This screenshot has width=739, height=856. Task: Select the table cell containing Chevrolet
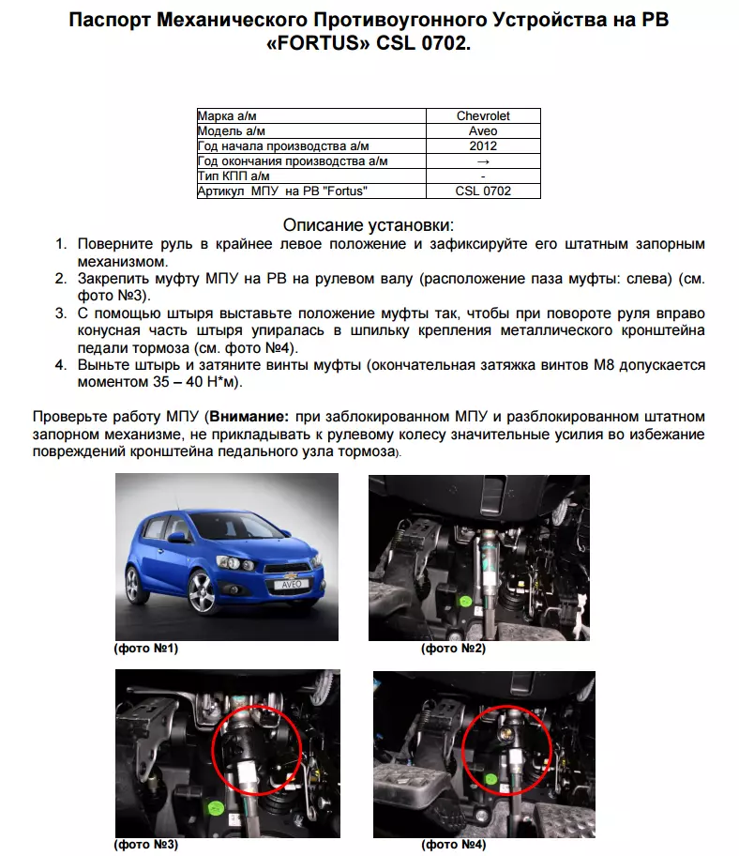click(483, 116)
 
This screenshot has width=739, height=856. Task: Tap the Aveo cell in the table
click(483, 131)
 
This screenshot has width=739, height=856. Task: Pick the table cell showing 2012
click(483, 146)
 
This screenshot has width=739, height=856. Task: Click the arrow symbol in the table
click(483, 161)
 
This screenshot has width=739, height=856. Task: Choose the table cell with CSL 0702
click(483, 191)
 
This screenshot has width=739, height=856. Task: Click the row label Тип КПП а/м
click(234, 176)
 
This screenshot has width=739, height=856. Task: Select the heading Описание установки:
click(369, 225)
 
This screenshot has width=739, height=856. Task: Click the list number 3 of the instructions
click(60, 313)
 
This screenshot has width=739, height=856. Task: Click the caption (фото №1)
click(145, 649)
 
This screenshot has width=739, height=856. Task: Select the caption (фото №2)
click(454, 649)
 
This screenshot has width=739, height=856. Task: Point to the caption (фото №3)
click(145, 845)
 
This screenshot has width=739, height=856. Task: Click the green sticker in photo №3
click(215, 805)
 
